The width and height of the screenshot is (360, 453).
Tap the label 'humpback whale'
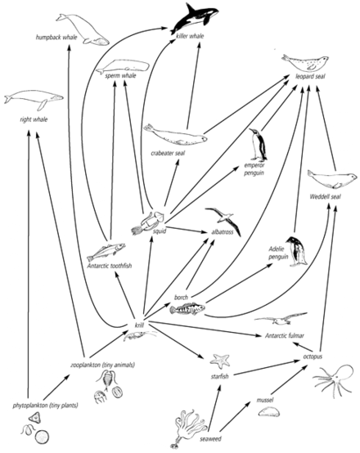[56, 38]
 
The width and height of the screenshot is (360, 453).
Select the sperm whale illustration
[123, 67]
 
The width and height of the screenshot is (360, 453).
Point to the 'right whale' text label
[34, 119]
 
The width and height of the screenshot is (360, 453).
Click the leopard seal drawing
[304, 63]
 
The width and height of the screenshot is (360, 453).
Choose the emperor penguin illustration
[259, 145]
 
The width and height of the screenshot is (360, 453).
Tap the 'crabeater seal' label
[168, 153]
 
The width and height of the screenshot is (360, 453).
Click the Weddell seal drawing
[332, 179]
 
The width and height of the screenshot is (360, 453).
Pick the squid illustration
[148, 222]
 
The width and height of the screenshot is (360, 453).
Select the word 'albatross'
[223, 232]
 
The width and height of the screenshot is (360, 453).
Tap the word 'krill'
[139, 325]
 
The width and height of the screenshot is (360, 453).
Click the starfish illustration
[220, 361]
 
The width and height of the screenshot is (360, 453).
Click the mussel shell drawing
[268, 411]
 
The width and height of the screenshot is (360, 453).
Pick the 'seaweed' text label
[210, 439]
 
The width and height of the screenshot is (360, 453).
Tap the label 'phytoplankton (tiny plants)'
[45, 406]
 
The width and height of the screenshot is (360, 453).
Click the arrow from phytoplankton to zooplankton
[56, 388]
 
